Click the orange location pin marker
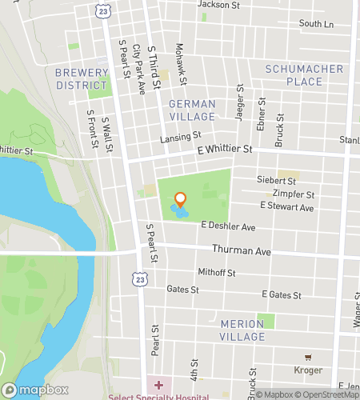click(181, 200)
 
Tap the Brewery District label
click(81, 78)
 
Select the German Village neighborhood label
click(192, 110)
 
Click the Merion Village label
click(242, 330)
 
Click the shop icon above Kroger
click(307, 357)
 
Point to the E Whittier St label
click(225, 149)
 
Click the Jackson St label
click(218, 4)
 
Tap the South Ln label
click(316, 24)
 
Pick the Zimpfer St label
click(294, 194)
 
